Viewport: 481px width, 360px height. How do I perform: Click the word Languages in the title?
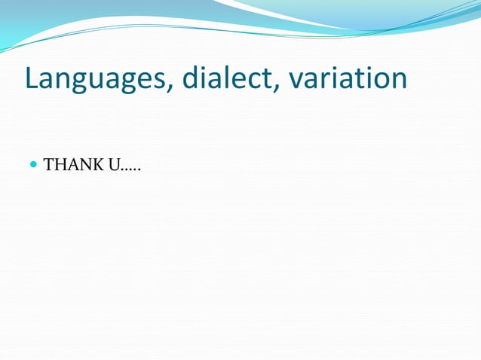pyautogui.click(x=97, y=79)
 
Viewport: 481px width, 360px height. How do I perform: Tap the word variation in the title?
pyautogui.click(x=349, y=78)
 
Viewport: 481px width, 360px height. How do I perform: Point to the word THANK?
pyautogui.click(x=75, y=164)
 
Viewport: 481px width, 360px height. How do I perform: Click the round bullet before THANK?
pyautogui.click(x=33, y=164)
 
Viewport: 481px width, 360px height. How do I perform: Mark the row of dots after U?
pyautogui.click(x=132, y=169)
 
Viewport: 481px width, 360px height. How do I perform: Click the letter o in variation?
pyautogui.click(x=378, y=81)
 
